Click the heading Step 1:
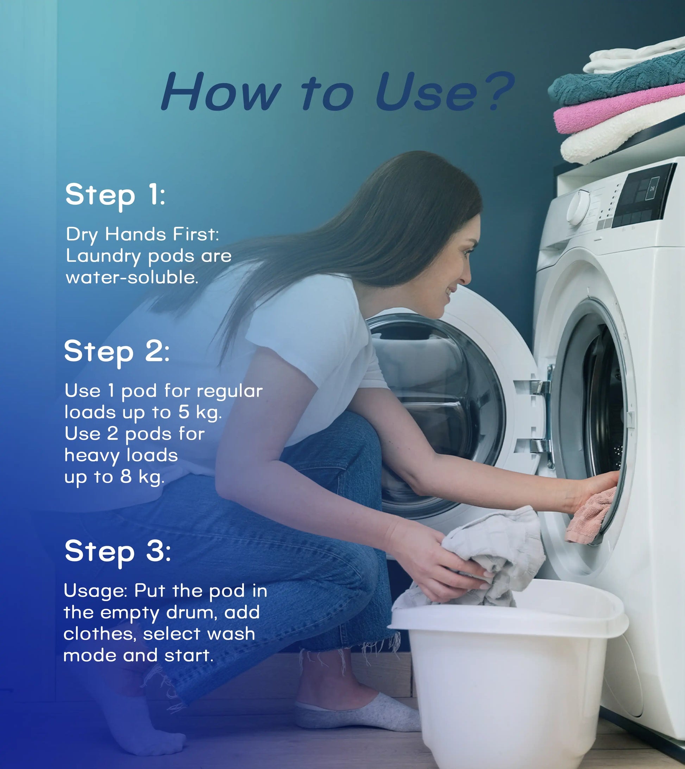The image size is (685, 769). tap(115, 195)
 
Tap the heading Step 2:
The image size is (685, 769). tap(117, 351)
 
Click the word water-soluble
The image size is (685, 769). tap(132, 278)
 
